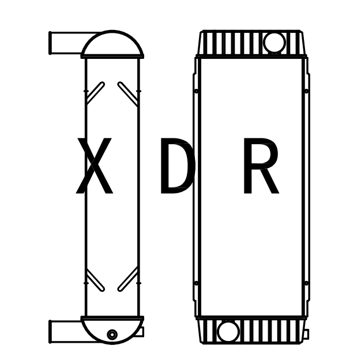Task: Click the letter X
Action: [94, 167]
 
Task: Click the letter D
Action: [176, 167]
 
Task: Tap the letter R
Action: [260, 167]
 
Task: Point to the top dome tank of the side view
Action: [112, 46]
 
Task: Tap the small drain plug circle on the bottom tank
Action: [112, 335]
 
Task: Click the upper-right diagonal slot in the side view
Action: [127, 93]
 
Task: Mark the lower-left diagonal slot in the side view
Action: [95, 279]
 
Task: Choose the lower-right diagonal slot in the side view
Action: [127, 279]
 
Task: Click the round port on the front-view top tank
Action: [273, 42]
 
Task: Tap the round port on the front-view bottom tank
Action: [227, 331]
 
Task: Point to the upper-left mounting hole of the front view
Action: [197, 91]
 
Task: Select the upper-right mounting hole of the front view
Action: [306, 91]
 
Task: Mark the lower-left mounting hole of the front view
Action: [197, 283]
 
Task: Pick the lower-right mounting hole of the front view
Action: [306, 283]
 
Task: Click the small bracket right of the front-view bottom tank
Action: [306, 334]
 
